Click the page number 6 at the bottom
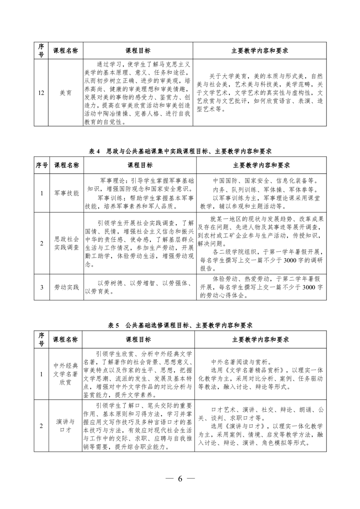[x=180, y=479]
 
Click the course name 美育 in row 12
[x=66, y=93]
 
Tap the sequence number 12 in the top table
[x=41, y=93]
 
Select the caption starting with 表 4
[x=180, y=151]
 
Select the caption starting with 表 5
[x=180, y=325]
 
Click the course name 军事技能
[x=66, y=193]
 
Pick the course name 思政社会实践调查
[x=66, y=243]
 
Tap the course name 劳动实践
[x=66, y=287]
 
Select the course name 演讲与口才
[x=66, y=425]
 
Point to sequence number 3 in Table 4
[x=41, y=287]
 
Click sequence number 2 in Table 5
[x=41, y=425]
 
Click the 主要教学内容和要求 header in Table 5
[x=261, y=339]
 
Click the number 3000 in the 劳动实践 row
[x=308, y=288]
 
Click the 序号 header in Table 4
[x=41, y=165]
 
